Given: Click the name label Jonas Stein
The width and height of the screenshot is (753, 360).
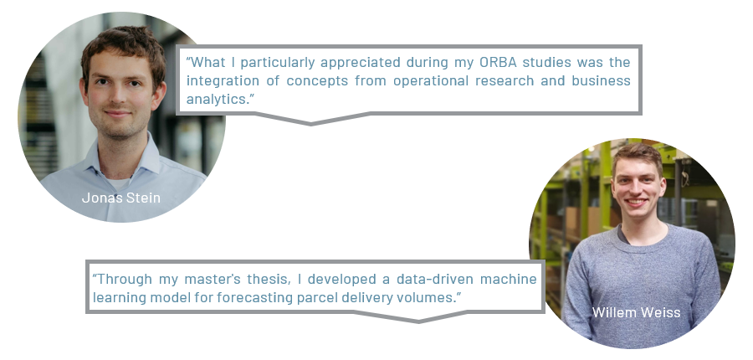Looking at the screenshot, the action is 121,198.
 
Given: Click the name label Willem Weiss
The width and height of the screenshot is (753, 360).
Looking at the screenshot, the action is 637,312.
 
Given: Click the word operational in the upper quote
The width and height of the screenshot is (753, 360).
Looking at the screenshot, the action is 431,80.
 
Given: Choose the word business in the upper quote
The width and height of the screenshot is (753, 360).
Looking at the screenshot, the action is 601,80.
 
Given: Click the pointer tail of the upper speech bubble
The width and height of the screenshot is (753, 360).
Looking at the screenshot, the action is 311,120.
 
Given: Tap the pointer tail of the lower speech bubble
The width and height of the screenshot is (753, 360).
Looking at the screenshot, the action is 419,317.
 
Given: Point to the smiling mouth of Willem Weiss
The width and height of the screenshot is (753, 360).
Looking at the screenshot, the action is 637,202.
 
